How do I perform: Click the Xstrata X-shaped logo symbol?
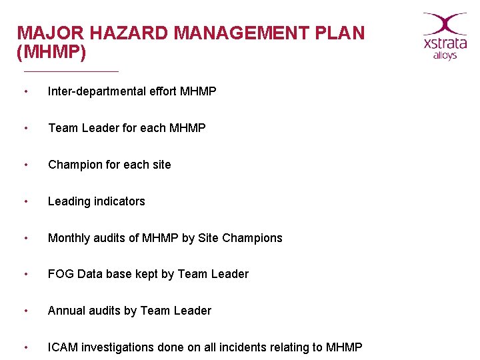445,23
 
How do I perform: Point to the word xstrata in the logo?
445,44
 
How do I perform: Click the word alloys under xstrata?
445,56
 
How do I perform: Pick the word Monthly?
69,238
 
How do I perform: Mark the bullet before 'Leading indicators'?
25,201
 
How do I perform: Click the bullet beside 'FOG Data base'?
25,274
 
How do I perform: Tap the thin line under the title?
71,71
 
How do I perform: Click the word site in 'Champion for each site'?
161,165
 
